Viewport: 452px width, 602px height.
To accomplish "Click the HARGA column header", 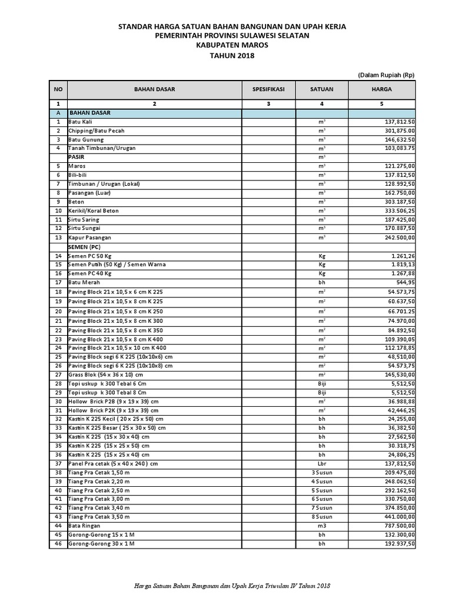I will tap(381, 89).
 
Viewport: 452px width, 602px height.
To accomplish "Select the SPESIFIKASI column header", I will tap(268, 89).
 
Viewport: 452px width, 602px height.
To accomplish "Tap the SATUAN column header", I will tap(322, 89).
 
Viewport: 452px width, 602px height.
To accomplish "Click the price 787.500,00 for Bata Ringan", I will tap(396, 526).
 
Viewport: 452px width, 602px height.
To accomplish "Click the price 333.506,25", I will tap(396, 210).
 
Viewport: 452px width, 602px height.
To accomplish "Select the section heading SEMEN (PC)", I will tap(85, 247).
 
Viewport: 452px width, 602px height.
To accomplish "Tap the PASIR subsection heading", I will tap(76, 157).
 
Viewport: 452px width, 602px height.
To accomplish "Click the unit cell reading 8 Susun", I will tap(322, 516).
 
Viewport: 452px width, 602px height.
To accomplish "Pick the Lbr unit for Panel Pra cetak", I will tap(322, 463).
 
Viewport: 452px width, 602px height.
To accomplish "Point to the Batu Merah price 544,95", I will tap(403, 283).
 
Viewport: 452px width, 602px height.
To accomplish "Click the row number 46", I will tap(58, 544).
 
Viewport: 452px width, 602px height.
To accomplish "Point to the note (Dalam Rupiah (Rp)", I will tap(385, 75).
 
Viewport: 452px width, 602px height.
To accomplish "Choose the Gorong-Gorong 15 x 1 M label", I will tap(101, 534).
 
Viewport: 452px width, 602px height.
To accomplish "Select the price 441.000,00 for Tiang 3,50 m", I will tap(396, 516).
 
